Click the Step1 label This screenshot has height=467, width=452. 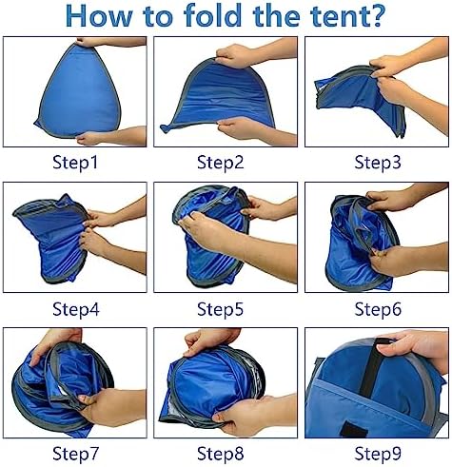click(75, 163)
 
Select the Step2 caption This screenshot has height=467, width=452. click(221, 163)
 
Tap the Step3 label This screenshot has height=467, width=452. click(378, 163)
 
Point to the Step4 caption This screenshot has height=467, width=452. click(76, 309)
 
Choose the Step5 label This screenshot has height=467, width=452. click(221, 309)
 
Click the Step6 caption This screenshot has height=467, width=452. click(378, 309)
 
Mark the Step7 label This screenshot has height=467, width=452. click(76, 454)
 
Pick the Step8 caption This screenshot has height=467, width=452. click(221, 454)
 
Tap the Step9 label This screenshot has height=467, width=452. click(378, 454)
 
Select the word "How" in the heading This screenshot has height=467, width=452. click(98, 15)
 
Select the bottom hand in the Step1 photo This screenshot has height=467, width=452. click(111, 136)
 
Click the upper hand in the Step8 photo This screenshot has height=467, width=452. click(211, 341)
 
